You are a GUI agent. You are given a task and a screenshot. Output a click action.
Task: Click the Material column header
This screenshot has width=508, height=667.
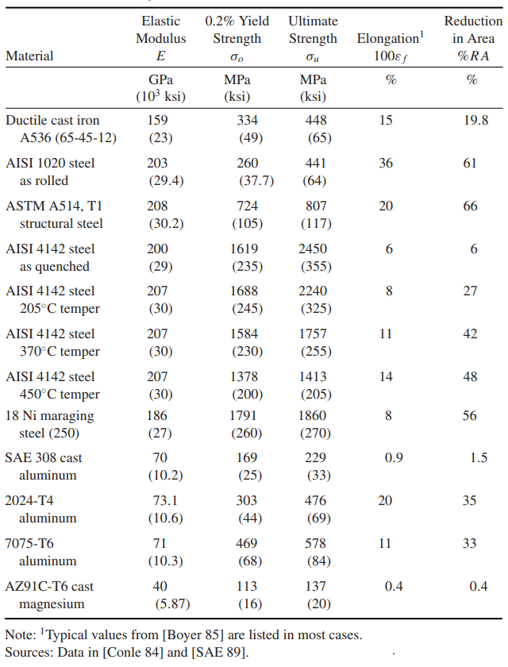pyautogui.click(x=29, y=56)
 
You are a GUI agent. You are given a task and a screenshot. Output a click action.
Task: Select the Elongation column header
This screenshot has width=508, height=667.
pyautogui.click(x=391, y=38)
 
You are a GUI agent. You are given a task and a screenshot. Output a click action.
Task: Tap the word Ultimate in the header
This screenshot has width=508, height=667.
pyautogui.click(x=313, y=21)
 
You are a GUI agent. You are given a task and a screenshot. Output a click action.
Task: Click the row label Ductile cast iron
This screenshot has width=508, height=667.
pyautogui.click(x=52, y=120)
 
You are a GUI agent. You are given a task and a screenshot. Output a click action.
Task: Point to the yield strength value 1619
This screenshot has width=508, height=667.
pyautogui.click(x=244, y=249)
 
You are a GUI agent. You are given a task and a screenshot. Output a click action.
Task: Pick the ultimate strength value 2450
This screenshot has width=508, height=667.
pyautogui.click(x=313, y=249)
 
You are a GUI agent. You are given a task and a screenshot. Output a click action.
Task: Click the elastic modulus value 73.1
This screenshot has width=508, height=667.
pyautogui.click(x=165, y=500)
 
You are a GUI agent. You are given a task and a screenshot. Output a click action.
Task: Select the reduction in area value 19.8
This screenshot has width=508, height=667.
pyautogui.click(x=475, y=120)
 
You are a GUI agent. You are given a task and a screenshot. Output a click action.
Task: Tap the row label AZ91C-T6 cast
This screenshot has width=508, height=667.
pyautogui.click(x=49, y=586)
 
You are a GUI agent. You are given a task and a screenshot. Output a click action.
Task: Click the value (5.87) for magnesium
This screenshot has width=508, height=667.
pyautogui.click(x=172, y=603)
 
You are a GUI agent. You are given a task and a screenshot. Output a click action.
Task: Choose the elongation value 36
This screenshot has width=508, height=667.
pyautogui.click(x=386, y=163)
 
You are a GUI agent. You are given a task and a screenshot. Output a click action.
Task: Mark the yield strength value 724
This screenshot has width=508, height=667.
pyautogui.click(x=248, y=206)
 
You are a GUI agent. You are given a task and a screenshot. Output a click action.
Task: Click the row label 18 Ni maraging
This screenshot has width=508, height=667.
pyautogui.click(x=49, y=415)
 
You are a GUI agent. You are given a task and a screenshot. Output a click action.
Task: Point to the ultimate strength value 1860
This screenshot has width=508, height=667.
pyautogui.click(x=312, y=415)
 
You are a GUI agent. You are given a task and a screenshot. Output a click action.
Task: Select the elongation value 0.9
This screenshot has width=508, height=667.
pyautogui.click(x=394, y=457)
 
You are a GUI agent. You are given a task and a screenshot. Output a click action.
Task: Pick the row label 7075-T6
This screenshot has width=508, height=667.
pyautogui.click(x=29, y=543)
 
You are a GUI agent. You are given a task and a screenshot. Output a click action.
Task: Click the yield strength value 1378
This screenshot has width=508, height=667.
pyautogui.click(x=244, y=376)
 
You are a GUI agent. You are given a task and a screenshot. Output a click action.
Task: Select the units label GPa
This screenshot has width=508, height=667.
pyautogui.click(x=160, y=79)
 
